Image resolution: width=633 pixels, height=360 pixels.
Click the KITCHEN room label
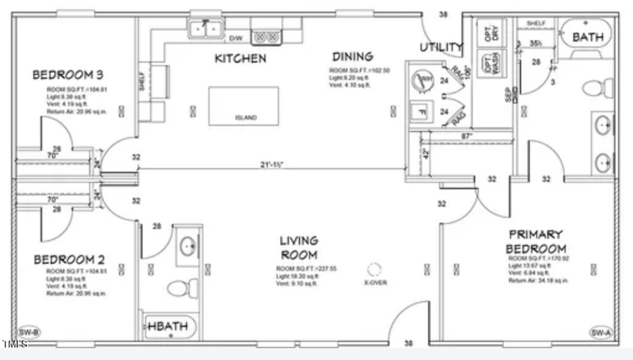click(x=240, y=59)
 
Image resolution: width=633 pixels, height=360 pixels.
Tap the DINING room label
click(x=352, y=56)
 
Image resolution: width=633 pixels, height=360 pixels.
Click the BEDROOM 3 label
click(x=67, y=75)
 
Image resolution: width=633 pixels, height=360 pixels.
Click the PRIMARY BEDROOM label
click(x=536, y=241)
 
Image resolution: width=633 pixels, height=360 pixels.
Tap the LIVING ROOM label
click(x=298, y=247)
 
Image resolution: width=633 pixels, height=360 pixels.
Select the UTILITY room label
click(x=441, y=47)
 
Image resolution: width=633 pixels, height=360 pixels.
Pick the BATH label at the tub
click(x=587, y=37)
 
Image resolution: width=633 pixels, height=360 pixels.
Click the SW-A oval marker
click(x=601, y=332)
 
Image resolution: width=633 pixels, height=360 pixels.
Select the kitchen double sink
click(x=206, y=29)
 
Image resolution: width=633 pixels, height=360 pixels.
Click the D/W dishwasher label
click(x=236, y=38)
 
